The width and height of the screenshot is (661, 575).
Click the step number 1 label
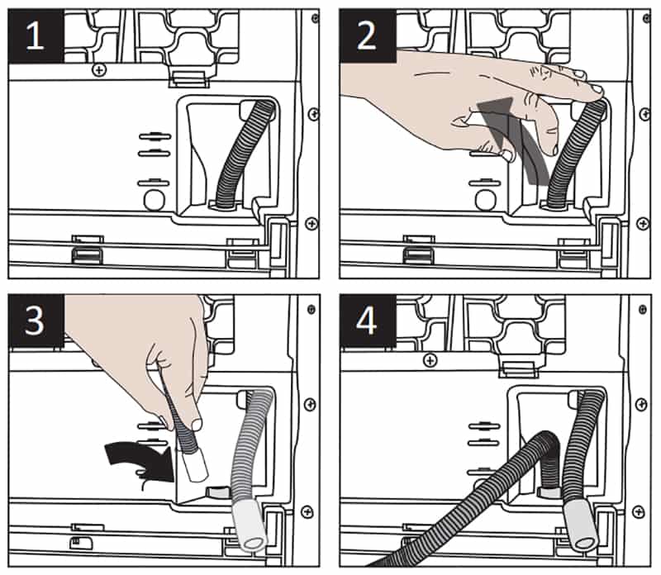36,36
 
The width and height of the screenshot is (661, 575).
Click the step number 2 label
368,36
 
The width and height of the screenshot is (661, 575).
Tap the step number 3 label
36,321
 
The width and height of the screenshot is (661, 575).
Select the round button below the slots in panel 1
154,200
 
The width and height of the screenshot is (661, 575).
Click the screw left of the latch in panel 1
99,69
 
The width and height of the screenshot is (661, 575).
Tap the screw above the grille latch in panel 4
430,361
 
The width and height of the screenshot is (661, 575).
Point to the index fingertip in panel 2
597,90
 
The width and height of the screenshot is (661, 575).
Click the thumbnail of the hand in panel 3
196,424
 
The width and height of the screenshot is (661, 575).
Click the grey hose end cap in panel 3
250,525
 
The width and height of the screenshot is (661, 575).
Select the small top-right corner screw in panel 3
311,310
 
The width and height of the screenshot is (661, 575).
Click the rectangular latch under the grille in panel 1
189,78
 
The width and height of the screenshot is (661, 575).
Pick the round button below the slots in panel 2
485,200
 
